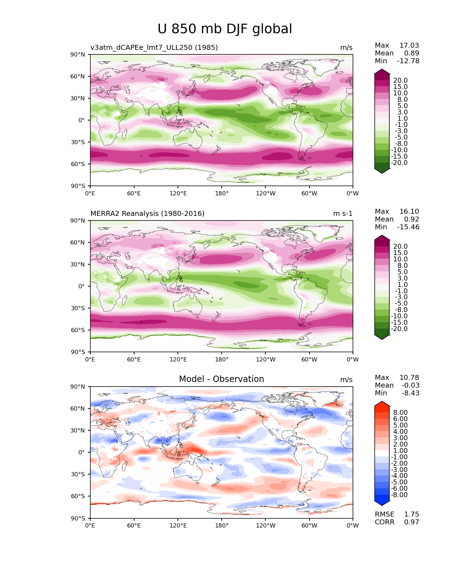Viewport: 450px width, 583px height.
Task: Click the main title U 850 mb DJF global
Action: (x=225, y=29)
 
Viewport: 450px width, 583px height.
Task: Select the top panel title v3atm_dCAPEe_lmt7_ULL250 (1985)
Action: (x=154, y=47)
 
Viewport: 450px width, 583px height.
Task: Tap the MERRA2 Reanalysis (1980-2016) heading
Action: (x=147, y=213)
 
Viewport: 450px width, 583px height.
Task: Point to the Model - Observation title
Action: (x=221, y=379)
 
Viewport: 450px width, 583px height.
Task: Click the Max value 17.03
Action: (x=409, y=45)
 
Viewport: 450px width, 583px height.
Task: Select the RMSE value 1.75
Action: (x=412, y=514)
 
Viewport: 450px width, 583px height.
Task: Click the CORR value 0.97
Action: (x=412, y=522)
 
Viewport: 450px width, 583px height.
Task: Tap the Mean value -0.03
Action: (x=410, y=385)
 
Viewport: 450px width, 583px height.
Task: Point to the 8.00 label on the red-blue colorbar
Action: (x=400, y=412)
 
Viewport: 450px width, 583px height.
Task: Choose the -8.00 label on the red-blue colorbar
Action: (x=399, y=495)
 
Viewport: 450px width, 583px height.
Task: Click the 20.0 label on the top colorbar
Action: (x=400, y=81)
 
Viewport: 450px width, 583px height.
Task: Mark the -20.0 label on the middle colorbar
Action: (x=399, y=329)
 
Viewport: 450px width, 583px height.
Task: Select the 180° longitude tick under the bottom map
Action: (x=222, y=525)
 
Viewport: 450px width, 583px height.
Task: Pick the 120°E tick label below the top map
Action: (x=178, y=193)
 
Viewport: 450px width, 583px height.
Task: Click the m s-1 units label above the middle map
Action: (x=343, y=213)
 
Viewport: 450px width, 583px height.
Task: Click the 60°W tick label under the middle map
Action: (x=309, y=359)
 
